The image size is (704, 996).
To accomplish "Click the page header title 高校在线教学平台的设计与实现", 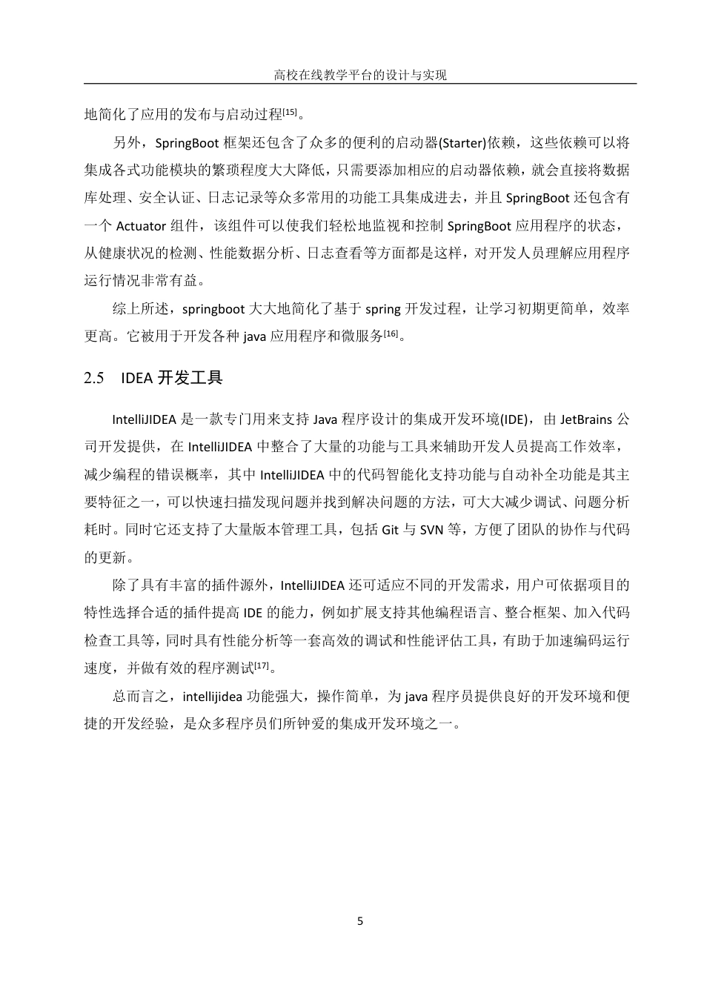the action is click(x=360, y=75).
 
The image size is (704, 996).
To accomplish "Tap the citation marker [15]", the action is click(x=290, y=112).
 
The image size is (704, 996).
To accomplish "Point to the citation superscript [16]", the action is click(x=392, y=333).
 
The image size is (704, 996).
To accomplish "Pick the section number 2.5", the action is click(x=94, y=378).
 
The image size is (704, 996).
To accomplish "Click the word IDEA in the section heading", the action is click(x=136, y=378).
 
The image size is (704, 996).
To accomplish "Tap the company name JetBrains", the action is click(x=586, y=419).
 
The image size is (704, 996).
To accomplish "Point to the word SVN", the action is click(x=432, y=530).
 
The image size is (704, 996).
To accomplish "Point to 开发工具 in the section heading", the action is click(x=190, y=378).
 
